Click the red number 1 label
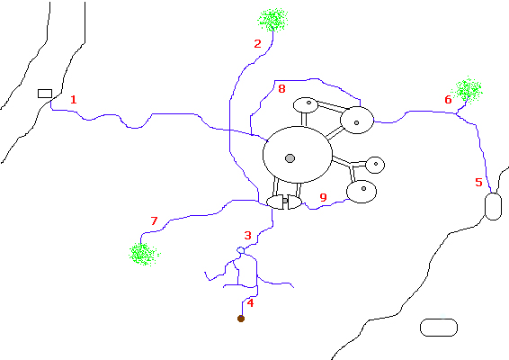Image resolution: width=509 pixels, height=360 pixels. click(74, 99)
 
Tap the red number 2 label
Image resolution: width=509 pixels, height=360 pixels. click(257, 43)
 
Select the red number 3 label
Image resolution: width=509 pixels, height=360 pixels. click(247, 235)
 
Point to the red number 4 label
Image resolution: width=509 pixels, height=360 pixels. click(250, 302)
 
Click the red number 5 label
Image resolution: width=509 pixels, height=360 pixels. click(478, 183)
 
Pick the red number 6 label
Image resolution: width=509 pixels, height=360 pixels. click(448, 99)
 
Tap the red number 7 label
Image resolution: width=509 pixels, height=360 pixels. click(154, 220)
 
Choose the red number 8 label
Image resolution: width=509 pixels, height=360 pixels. click(281, 89)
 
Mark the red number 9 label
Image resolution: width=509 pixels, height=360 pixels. click(323, 197)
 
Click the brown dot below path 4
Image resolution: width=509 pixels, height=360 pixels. click(241, 319)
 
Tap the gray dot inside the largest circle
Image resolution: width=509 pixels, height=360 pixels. click(290, 158)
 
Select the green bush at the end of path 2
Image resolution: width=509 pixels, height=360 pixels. click(272, 20)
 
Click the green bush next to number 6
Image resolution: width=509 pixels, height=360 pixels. click(467, 89)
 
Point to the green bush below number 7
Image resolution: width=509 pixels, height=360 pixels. click(144, 254)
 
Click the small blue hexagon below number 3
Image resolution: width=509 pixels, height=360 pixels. click(240, 250)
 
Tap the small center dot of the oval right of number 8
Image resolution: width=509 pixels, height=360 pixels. click(308, 103)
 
